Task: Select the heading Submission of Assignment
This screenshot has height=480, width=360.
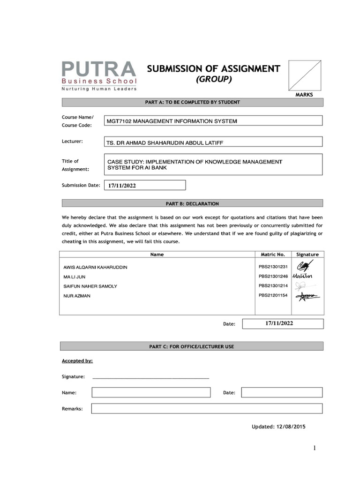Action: [x=213, y=69]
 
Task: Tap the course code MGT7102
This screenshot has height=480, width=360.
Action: [x=120, y=121]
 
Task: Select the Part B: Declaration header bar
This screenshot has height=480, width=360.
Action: [x=191, y=203]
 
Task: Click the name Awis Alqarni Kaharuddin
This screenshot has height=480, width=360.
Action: [x=95, y=267]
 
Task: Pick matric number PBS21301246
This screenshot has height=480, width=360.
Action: [x=273, y=276]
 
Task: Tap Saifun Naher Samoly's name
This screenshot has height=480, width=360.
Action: [x=90, y=286]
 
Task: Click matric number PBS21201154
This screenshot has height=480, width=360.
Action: [x=273, y=295]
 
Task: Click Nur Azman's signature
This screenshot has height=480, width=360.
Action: [x=307, y=295]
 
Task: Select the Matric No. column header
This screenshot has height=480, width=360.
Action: [x=273, y=255]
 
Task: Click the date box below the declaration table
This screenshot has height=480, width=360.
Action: [x=282, y=323]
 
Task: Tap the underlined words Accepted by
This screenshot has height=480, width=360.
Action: [x=77, y=361]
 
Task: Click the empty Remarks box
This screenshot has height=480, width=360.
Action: [x=207, y=409]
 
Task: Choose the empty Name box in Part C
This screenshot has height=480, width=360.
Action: [x=151, y=392]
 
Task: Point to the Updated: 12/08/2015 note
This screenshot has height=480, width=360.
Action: [x=279, y=427]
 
